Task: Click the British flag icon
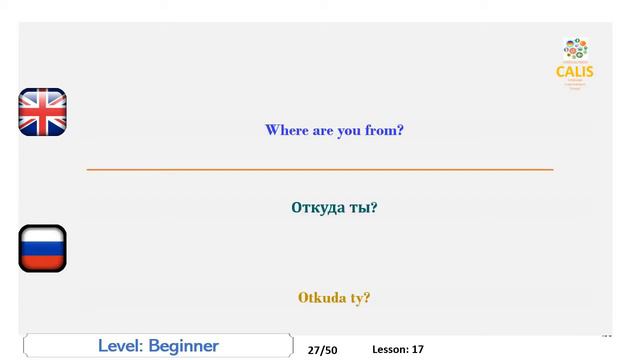coord(42,112)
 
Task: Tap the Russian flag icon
coord(42,248)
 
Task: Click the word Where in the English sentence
coord(286,130)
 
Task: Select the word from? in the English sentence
coord(384,130)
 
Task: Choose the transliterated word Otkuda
coord(322,297)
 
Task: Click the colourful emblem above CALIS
coord(575,48)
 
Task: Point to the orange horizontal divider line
coord(320,170)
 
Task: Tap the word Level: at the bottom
coord(119,346)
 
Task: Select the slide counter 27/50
coord(322,350)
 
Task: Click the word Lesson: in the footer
coord(389,350)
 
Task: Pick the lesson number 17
coord(417,350)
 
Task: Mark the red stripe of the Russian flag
coord(42,262)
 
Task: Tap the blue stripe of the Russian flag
coord(42,248)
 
